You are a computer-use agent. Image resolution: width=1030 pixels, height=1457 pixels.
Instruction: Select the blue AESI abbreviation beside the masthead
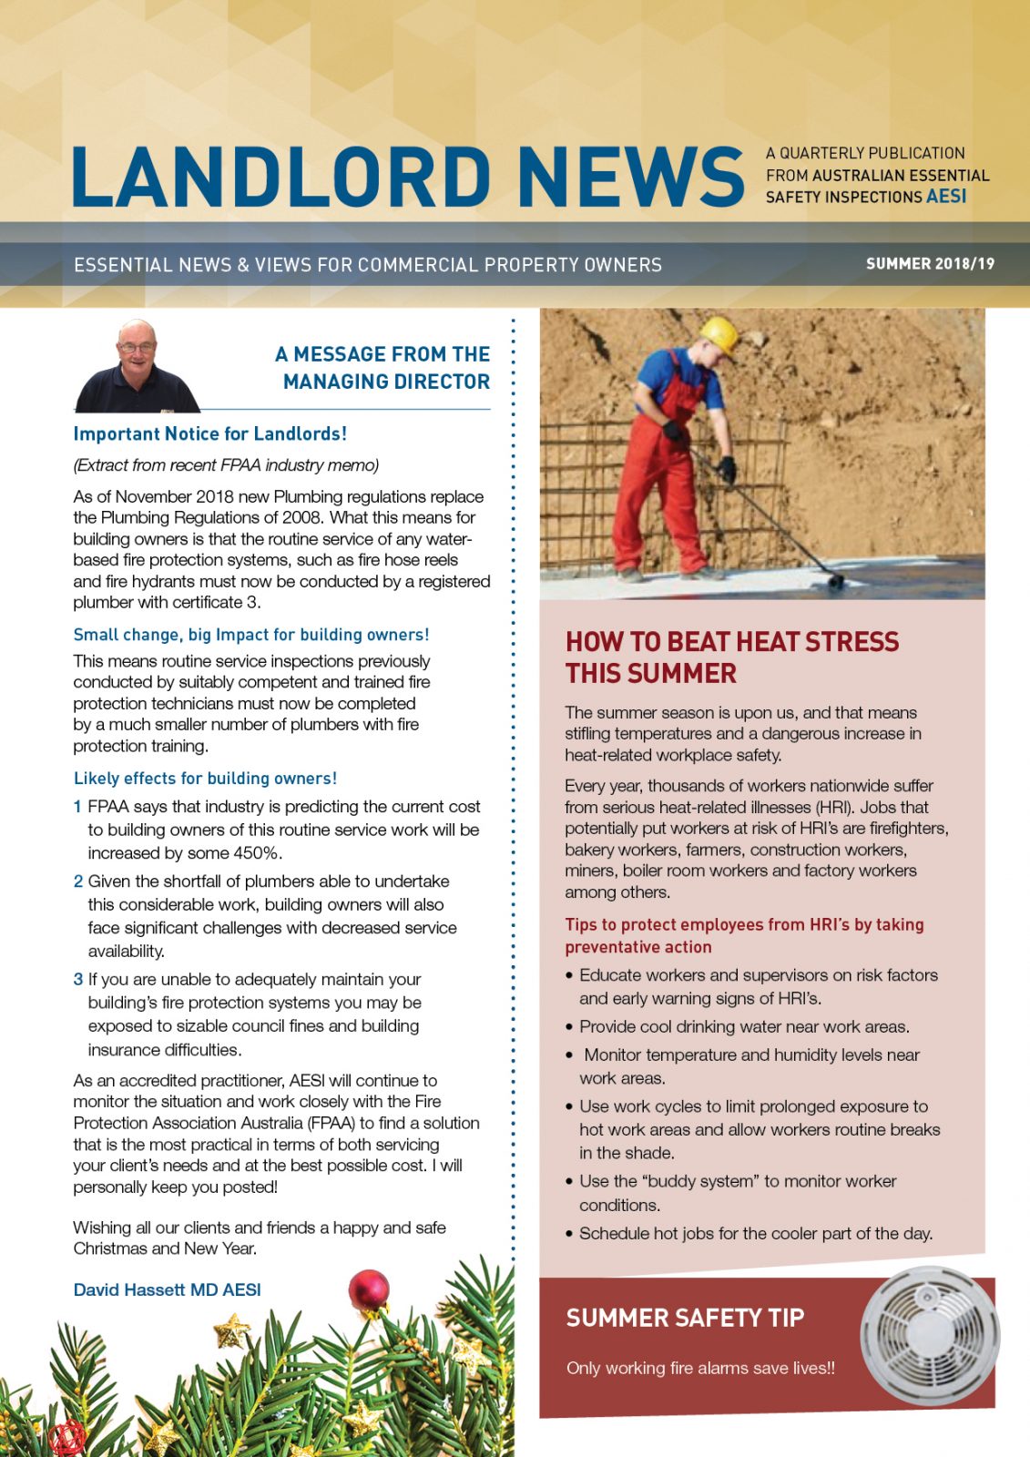pyautogui.click(x=946, y=197)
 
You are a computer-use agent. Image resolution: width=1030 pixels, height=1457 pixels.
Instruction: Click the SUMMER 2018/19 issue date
pyautogui.click(x=930, y=264)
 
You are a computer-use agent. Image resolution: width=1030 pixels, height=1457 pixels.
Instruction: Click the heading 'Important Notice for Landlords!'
pyautogui.click(x=210, y=434)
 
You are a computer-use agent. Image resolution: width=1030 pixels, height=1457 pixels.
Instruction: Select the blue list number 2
pyautogui.click(x=78, y=881)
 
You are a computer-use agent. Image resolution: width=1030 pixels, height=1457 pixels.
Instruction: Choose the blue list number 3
pyautogui.click(x=78, y=980)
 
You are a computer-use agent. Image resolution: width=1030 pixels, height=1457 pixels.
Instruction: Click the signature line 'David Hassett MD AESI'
pyautogui.click(x=167, y=1289)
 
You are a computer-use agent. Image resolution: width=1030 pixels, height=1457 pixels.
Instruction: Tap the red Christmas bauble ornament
pyautogui.click(x=370, y=1290)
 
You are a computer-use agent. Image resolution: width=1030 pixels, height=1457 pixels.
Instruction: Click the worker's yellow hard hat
pyautogui.click(x=719, y=334)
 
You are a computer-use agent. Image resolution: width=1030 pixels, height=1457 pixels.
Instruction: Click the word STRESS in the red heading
pyautogui.click(x=852, y=642)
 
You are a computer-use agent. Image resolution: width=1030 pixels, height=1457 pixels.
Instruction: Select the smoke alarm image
pyautogui.click(x=929, y=1333)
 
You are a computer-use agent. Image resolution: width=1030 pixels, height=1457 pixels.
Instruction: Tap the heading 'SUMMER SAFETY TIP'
pyautogui.click(x=685, y=1318)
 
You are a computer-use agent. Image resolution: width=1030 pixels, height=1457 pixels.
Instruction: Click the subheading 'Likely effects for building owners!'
pyautogui.click(x=205, y=779)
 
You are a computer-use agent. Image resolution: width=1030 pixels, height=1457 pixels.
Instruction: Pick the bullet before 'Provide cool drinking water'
pyautogui.click(x=570, y=1027)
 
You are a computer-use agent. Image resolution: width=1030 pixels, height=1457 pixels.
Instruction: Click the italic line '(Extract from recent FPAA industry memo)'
pyautogui.click(x=226, y=465)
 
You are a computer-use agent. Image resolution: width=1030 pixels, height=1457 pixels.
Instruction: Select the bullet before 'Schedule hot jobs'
pyautogui.click(x=570, y=1234)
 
